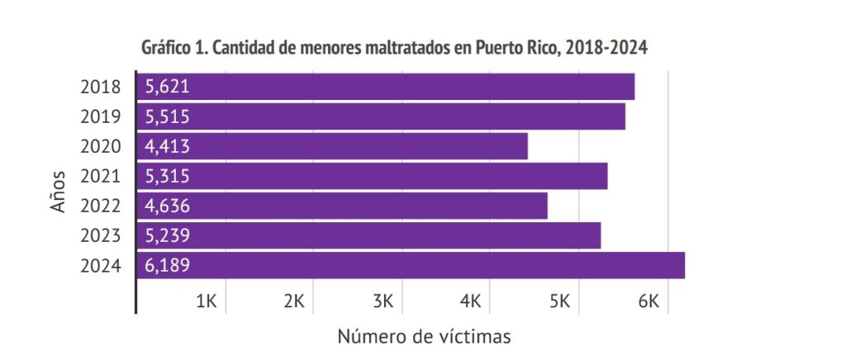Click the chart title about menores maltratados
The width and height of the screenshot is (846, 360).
point(394,48)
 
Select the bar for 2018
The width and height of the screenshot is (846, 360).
point(386,87)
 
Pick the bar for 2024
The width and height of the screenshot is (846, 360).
point(411,265)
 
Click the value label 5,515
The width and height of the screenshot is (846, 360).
point(168,116)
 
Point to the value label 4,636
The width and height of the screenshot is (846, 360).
point(168,206)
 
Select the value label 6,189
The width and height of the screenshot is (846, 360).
point(168,265)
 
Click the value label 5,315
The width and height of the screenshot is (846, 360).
point(168,176)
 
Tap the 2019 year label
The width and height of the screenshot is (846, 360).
point(101,116)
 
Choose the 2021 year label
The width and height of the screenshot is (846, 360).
point(101,176)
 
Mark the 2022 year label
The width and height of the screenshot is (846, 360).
point(101,206)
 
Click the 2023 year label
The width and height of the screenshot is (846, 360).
point(101,235)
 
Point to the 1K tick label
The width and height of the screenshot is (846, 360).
point(206,301)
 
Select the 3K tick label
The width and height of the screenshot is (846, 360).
point(383,301)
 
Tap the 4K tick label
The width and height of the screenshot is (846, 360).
point(471,301)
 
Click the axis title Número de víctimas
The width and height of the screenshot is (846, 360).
point(424,337)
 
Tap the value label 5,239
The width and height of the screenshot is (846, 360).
point(168,235)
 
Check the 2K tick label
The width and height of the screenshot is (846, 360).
point(294,301)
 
